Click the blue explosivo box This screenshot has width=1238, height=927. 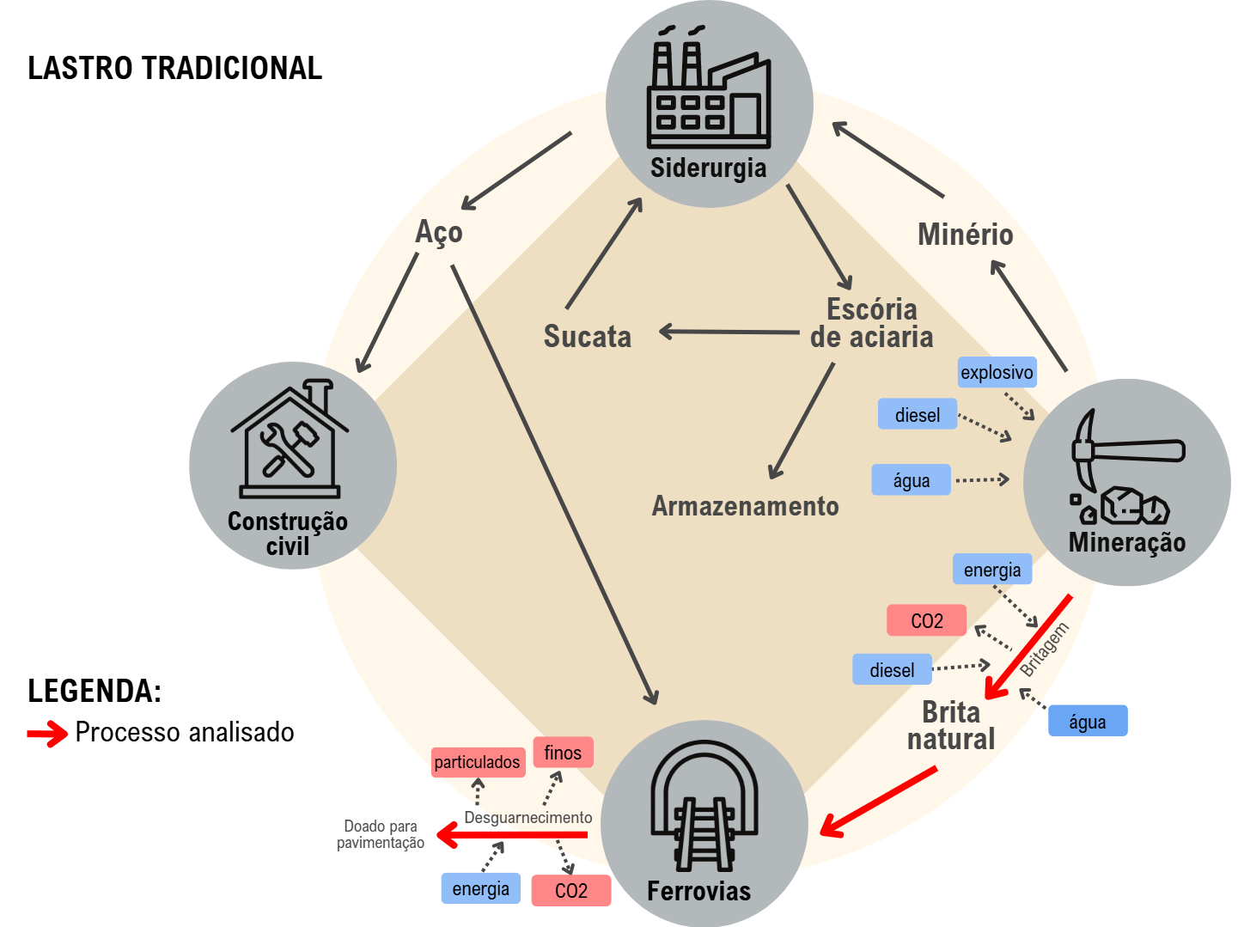click(x=997, y=372)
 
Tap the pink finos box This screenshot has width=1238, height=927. click(x=563, y=753)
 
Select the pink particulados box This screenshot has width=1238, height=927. click(x=478, y=762)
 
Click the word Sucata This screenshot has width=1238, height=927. click(x=588, y=337)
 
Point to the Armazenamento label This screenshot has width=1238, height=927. click(x=745, y=506)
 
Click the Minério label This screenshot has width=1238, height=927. click(x=965, y=235)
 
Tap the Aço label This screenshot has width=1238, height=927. click(x=439, y=232)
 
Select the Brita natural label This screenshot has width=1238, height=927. click(x=951, y=726)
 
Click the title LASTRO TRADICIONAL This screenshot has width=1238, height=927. click(x=175, y=69)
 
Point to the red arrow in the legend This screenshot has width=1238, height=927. click(x=47, y=733)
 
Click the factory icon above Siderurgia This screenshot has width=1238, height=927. click(x=708, y=90)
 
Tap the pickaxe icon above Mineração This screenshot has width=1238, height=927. click(x=1125, y=468)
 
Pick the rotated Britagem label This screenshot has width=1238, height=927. click(x=1045, y=650)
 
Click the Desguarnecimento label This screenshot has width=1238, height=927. click(x=528, y=817)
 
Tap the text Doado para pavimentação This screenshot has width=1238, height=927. click(x=381, y=834)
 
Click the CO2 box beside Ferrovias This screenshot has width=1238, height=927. click(x=571, y=890)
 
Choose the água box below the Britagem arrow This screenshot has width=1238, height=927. click(x=1088, y=722)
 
